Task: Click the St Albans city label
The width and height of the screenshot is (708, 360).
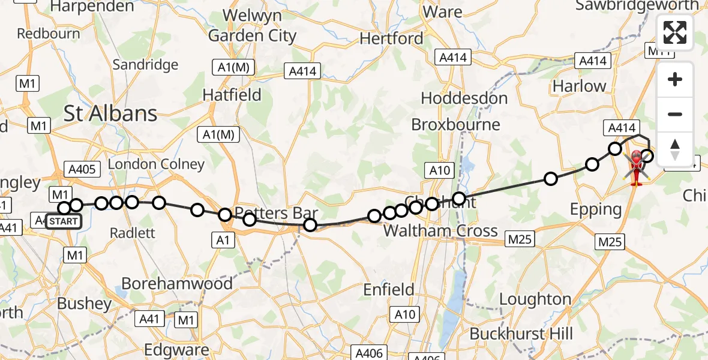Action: click(x=110, y=113)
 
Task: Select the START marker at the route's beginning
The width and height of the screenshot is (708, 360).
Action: click(x=63, y=221)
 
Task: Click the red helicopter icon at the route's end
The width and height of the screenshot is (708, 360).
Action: click(x=636, y=168)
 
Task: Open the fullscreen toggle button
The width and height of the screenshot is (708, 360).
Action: click(x=675, y=32)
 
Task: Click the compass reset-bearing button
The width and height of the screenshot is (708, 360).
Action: click(x=675, y=149)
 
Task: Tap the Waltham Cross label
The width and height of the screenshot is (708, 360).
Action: click(x=440, y=230)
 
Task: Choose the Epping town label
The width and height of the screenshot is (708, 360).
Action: click(x=596, y=209)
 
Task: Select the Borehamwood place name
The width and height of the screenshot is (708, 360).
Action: click(x=177, y=283)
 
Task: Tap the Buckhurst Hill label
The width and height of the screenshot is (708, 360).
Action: click(x=521, y=334)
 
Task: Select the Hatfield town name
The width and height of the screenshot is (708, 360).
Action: click(x=232, y=95)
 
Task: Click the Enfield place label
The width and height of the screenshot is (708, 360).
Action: click(x=389, y=290)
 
